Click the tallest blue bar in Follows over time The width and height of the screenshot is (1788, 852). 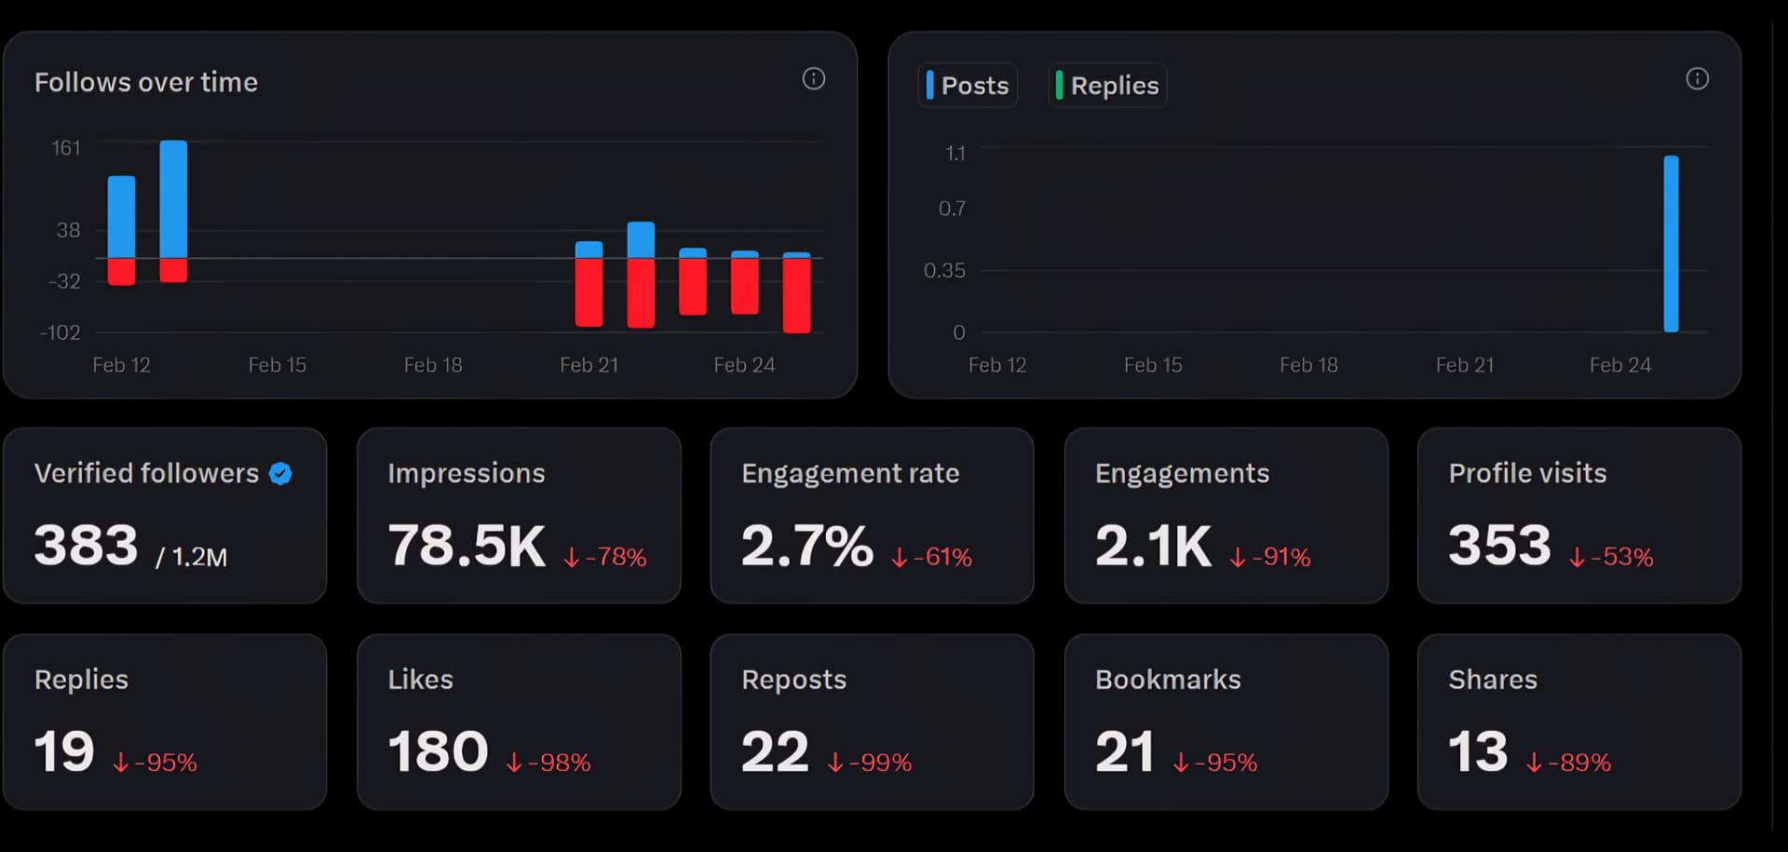tap(173, 198)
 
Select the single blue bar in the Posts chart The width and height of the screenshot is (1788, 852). tap(1671, 243)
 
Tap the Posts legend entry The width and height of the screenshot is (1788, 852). tap(968, 86)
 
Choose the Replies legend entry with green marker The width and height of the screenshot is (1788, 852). tap(1108, 86)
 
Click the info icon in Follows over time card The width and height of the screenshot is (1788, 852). tap(813, 79)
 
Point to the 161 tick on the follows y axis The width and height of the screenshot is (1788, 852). tap(66, 148)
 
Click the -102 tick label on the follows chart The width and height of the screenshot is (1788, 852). tap(61, 332)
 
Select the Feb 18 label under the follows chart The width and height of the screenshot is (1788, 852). tap(433, 365)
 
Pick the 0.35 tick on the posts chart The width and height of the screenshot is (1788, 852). tap(944, 271)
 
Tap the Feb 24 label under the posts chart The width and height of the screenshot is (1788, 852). tap(1619, 365)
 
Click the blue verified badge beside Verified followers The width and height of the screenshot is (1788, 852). tap(280, 474)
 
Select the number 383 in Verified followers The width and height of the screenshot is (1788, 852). tap(87, 545)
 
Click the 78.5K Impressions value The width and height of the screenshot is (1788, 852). tap(467, 545)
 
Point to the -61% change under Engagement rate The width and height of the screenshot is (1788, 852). tap(932, 557)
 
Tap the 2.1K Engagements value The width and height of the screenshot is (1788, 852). tap(1153, 545)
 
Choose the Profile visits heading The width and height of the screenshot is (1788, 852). tap(1527, 473)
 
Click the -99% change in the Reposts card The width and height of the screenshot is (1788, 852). tap(870, 763)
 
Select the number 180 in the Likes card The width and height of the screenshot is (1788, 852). tap(438, 751)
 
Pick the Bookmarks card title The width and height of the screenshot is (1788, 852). tap(1168, 680)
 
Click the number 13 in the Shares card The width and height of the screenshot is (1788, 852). tap(1478, 751)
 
